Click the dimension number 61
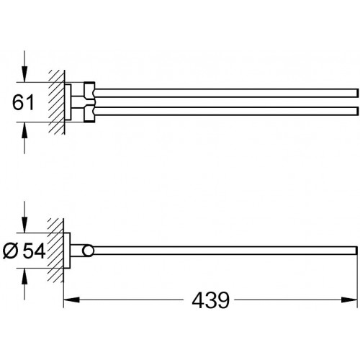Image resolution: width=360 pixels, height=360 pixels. (23, 102)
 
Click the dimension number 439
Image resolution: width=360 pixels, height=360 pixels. (210, 300)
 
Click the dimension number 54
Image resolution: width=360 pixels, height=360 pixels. (34, 251)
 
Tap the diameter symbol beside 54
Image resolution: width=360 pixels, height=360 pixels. (11, 251)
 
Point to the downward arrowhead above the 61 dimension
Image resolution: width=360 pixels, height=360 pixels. (24, 74)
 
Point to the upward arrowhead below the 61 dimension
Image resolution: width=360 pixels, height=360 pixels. (24, 130)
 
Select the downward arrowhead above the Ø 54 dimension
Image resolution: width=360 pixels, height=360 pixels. (24, 225)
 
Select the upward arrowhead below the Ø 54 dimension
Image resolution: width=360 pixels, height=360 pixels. (24, 276)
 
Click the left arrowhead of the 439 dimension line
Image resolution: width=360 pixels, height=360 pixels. (71, 300)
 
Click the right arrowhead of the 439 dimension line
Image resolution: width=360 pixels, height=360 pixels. (349, 300)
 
